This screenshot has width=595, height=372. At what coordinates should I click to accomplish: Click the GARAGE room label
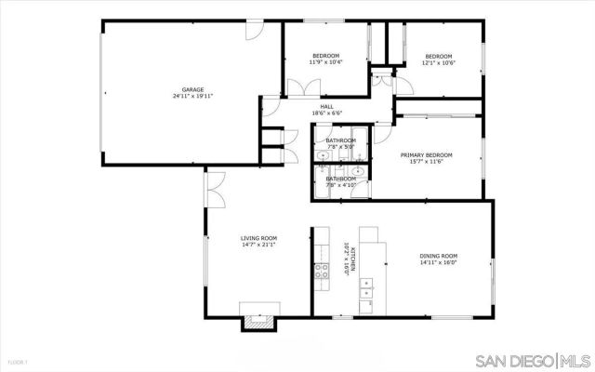[x=192, y=89]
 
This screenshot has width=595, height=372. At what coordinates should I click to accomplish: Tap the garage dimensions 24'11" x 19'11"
[x=192, y=97]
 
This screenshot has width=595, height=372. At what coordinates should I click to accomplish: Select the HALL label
[x=326, y=106]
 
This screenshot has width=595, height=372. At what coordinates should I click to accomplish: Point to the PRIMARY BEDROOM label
[x=426, y=154]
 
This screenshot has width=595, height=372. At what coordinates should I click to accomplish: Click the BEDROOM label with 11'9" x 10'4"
[x=325, y=56]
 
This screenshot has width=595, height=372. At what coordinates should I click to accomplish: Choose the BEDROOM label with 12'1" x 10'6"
[x=438, y=56]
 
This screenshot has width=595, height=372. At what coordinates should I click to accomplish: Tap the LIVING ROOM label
[x=258, y=238]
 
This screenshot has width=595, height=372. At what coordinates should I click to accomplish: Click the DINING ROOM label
[x=437, y=256]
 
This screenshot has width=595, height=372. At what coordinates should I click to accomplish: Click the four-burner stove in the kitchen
[x=322, y=271]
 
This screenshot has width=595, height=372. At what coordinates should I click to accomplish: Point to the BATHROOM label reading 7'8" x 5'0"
[x=340, y=140]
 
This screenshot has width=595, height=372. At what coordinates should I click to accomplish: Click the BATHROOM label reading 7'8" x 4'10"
[x=340, y=179]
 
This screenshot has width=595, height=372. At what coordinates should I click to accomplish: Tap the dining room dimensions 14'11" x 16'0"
[x=437, y=263]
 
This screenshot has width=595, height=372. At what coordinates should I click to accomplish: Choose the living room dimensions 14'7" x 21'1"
[x=258, y=246]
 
